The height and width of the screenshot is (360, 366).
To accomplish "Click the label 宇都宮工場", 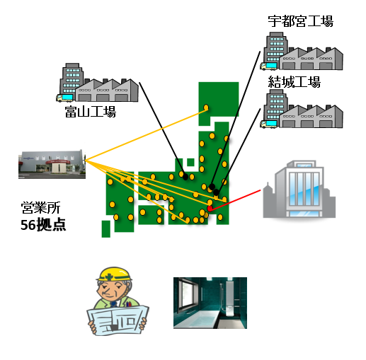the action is point(300,21).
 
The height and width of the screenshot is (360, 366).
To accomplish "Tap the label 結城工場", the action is point(294,82).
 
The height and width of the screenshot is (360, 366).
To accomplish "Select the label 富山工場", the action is point(91,112).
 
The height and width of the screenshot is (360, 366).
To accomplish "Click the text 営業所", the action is point(40,208).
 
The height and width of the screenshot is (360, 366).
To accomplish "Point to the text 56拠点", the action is point(43,225).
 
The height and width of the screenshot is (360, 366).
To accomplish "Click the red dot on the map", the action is point(210,209).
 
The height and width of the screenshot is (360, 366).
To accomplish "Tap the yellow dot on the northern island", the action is point(206,108).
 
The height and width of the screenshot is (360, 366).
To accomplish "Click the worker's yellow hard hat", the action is point(115,274).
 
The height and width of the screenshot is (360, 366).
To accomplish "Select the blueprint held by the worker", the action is point(118,320).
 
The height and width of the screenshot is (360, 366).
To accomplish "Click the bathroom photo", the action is point(210,303).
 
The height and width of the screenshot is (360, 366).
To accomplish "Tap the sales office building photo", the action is point(52,164).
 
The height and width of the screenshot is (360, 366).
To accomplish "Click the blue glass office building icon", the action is point(299,189).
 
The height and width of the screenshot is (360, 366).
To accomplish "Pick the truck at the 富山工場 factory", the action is point(64,98).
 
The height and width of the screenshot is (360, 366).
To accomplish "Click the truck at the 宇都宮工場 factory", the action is point(268,66).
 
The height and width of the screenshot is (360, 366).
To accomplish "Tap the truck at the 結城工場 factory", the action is point(268,124).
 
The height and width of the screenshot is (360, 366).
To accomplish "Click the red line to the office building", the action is point(235,199).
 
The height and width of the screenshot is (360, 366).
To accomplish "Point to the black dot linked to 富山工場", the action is point(185,177).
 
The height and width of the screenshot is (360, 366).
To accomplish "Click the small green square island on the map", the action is point(190,162).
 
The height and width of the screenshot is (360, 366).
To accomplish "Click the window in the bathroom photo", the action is point(185,295).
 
